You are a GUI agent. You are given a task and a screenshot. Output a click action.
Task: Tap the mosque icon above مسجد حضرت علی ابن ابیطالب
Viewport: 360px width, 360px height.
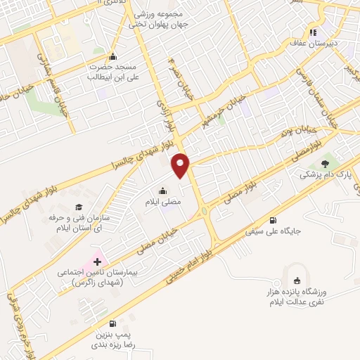(112, 57)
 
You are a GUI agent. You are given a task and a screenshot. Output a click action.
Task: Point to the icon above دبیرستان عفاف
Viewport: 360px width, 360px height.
(313, 32)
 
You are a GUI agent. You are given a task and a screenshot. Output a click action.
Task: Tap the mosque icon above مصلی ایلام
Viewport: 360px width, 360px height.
(163, 191)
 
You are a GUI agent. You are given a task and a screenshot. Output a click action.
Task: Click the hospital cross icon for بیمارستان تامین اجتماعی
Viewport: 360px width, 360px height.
(97, 262)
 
